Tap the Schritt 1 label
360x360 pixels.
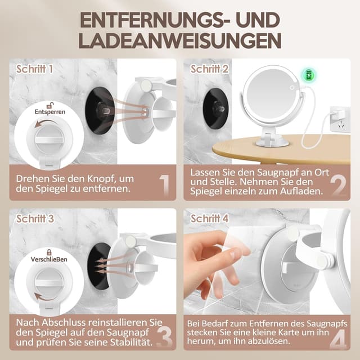[x=35, y=69]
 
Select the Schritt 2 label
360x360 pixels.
[x=209, y=69]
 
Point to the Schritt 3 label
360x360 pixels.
[x=35, y=218]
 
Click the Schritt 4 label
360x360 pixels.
[x=210, y=218]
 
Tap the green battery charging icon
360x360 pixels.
[x=308, y=74]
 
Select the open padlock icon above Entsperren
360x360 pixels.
[x=50, y=105]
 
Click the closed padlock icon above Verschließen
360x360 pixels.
[x=49, y=253]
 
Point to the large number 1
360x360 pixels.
[x=164, y=186]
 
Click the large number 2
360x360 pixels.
[x=338, y=186]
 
